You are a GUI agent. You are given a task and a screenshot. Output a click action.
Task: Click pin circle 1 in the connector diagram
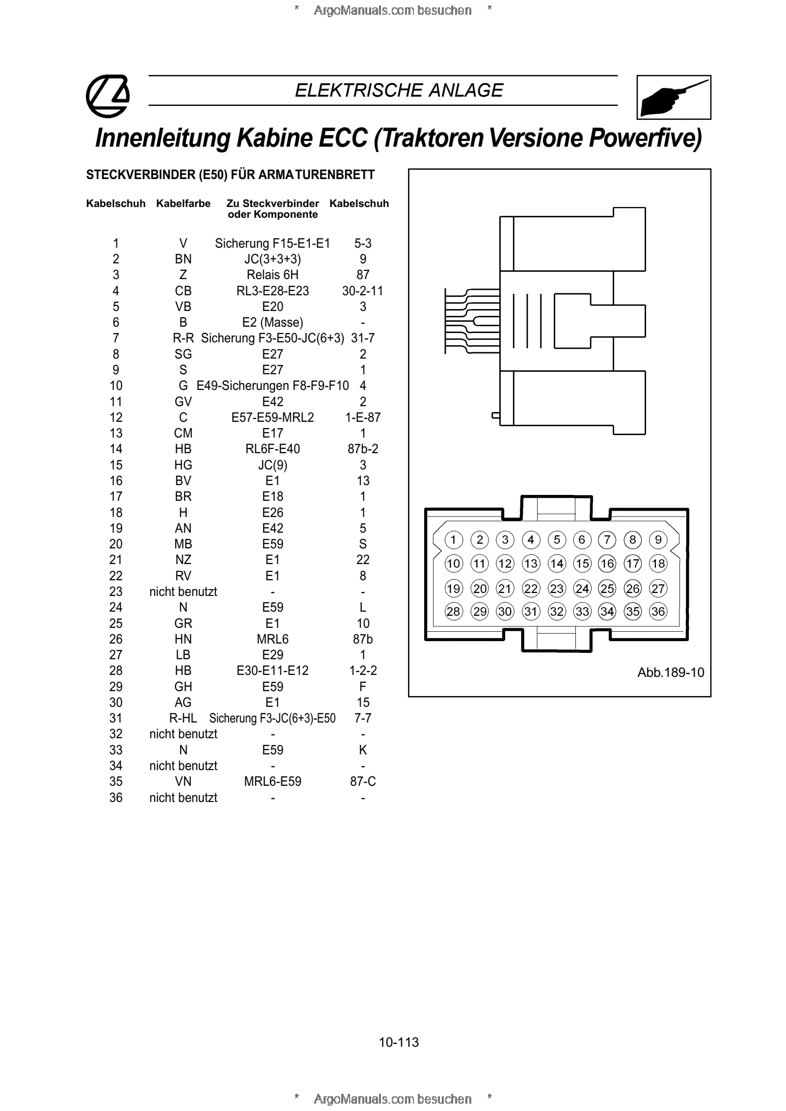pos(454,540)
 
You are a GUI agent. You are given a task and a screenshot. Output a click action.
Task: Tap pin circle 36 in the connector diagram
pos(658,611)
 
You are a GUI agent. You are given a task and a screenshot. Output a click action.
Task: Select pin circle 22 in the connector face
pos(531,588)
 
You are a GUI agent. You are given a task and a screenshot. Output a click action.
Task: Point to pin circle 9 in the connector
pos(658,540)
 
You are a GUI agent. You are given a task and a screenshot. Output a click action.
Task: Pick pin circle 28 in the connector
pos(454,611)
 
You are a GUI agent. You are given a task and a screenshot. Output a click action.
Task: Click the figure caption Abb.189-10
pos(671,672)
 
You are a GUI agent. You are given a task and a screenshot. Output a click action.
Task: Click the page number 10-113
pos(399,1042)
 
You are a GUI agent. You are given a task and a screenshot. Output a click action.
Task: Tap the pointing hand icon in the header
pos(674,97)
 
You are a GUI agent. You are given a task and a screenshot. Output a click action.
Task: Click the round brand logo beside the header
pos(108,96)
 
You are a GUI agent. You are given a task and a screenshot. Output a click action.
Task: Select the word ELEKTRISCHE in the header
pos(359,90)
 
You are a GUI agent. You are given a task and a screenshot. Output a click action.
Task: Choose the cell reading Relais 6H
pos(272,275)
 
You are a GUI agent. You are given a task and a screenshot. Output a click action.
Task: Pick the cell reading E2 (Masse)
pos(272,322)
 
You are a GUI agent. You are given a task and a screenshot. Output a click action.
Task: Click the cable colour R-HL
pos(183,718)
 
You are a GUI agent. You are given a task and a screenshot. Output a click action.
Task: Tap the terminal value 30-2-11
pos(363,291)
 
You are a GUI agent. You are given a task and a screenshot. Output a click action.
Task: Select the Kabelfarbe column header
pos(183,204)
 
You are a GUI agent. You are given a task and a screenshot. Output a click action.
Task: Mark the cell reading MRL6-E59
pos(272,781)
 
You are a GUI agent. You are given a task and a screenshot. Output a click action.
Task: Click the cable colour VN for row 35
pos(183,781)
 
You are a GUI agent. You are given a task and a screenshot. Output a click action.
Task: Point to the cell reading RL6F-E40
pos(272,449)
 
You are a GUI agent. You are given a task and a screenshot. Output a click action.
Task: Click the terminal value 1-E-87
pos(363,417)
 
